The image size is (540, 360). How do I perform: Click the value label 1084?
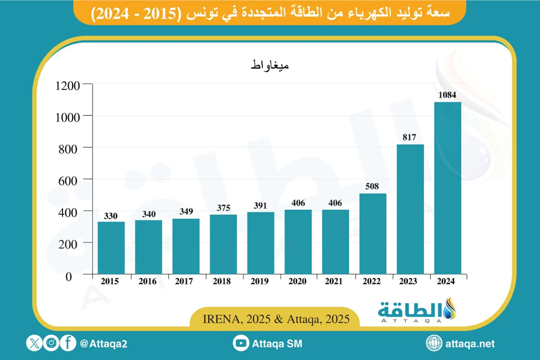tap(447, 95)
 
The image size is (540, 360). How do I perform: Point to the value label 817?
tap(410, 137)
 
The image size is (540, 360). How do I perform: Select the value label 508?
tap(373, 187)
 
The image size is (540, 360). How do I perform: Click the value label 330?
tap(111, 215)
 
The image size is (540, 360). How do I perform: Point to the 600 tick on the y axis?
tap(71, 180)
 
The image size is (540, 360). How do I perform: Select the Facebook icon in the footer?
tap(68, 343)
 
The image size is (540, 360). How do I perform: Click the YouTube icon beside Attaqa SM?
tap(241, 343)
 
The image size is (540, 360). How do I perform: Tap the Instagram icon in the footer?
tap(52, 343)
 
